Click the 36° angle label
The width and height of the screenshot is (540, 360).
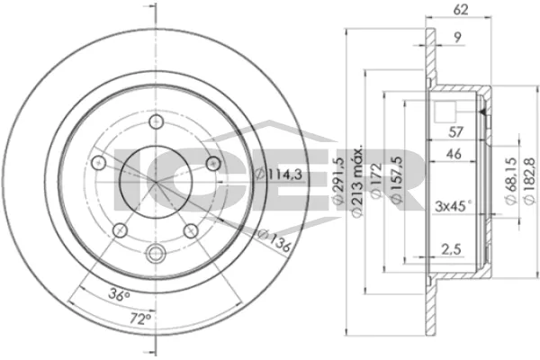pos(121,293)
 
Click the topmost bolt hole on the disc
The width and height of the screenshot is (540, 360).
pos(157,123)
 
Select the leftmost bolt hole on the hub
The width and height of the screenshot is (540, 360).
pos(97,164)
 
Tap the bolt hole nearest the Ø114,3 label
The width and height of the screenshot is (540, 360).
pos(214,163)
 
